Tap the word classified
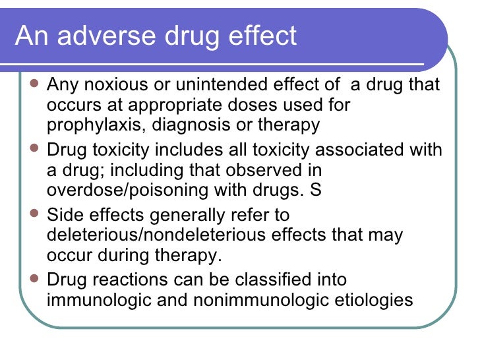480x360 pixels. [x=278, y=280]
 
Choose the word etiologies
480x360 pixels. [x=375, y=299]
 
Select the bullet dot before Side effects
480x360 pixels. [x=35, y=214]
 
